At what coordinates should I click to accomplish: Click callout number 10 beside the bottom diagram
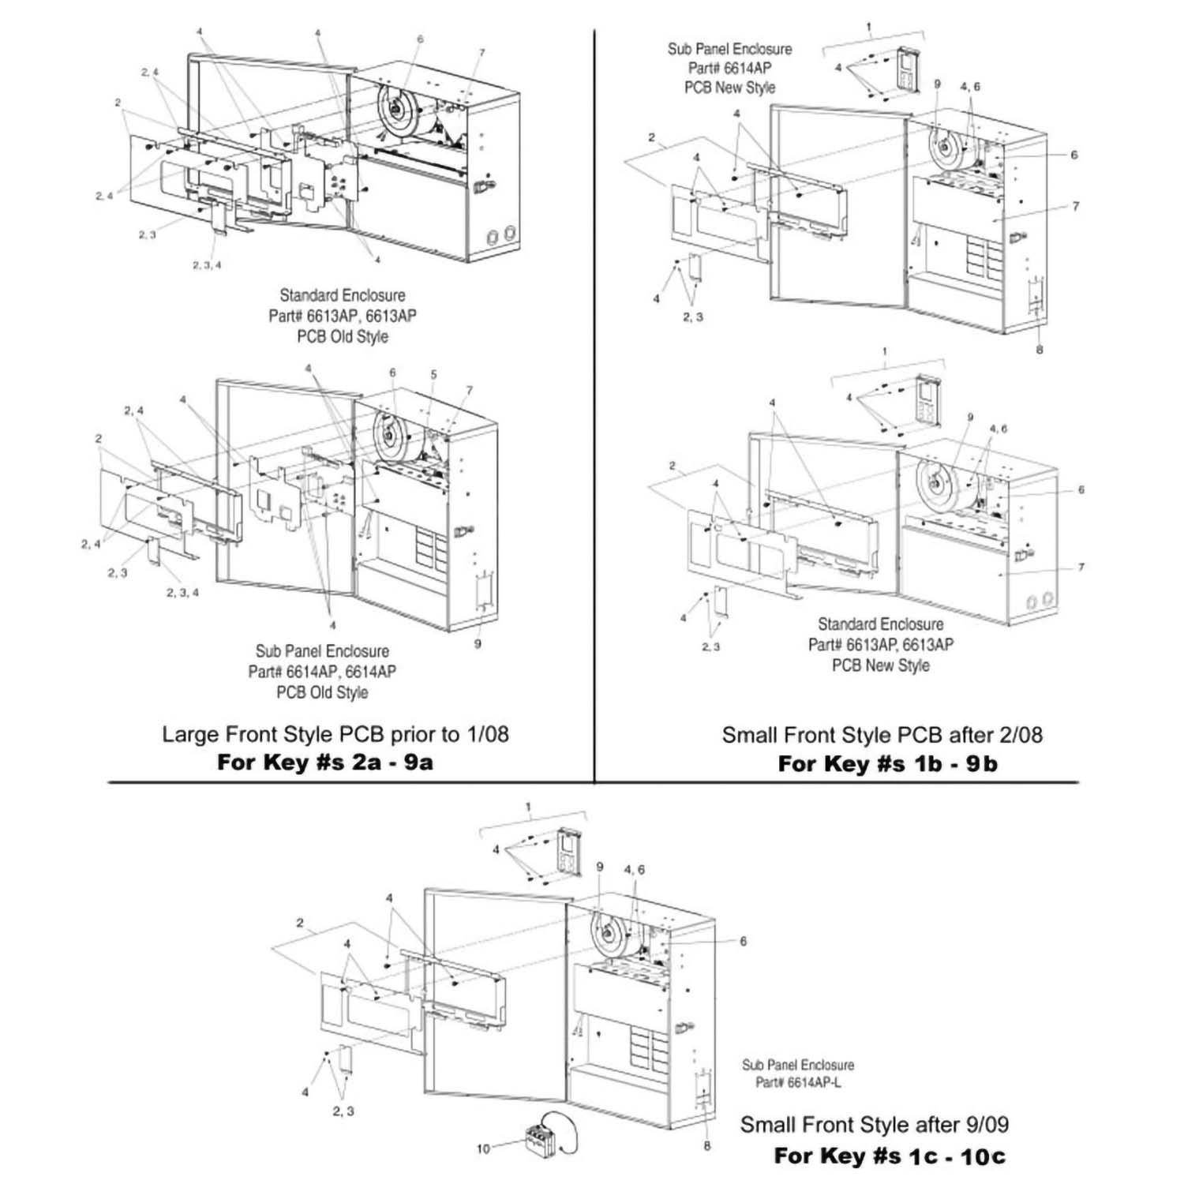(483, 1148)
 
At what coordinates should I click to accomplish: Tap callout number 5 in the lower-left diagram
(433, 374)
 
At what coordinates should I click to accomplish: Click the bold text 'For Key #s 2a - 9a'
(324, 762)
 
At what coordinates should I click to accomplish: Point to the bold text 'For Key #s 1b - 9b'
(887, 764)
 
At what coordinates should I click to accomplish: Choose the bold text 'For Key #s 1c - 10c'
(890, 1156)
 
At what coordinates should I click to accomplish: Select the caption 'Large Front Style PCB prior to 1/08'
(335, 734)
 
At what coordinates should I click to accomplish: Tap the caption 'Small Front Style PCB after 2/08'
(882, 735)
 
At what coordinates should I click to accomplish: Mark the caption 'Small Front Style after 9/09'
(874, 1124)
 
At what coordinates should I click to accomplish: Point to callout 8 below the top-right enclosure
(1040, 349)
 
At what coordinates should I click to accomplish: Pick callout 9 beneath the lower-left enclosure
(478, 643)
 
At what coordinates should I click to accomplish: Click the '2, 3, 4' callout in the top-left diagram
(207, 265)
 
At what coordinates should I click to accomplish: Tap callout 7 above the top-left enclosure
(481, 53)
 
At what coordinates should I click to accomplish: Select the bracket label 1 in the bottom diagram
(529, 807)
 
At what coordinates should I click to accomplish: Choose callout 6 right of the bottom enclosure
(743, 941)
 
